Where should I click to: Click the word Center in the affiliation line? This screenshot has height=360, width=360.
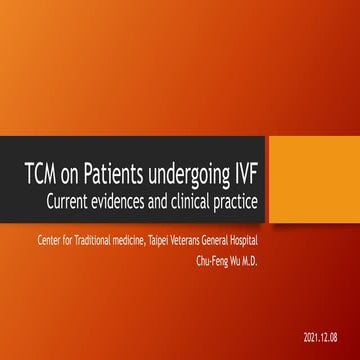point(49,240)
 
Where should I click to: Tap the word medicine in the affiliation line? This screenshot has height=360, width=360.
point(138,240)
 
